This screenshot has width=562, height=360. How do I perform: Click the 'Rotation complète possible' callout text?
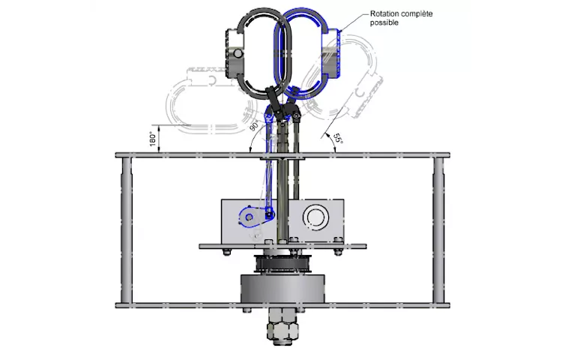tap(401, 18)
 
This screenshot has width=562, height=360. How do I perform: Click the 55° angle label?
tap(338, 139)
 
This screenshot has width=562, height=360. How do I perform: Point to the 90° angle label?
tap(254, 125)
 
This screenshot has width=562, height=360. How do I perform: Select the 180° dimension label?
tap(153, 139)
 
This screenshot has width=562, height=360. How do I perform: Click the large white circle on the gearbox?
tap(315, 217)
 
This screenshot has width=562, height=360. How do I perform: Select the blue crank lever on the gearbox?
tap(256, 217)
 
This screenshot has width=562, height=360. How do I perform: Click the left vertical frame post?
tap(127, 230)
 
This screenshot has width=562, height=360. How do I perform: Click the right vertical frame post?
tap(438, 230)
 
